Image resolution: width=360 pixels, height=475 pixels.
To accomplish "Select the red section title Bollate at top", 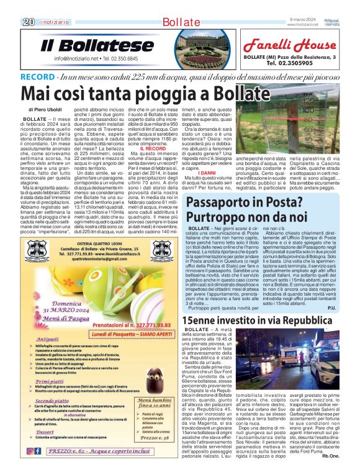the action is (x=180, y=22).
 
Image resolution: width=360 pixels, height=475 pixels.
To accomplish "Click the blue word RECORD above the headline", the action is (x=55, y=76).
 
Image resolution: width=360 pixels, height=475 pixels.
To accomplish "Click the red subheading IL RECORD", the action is (x=153, y=149).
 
